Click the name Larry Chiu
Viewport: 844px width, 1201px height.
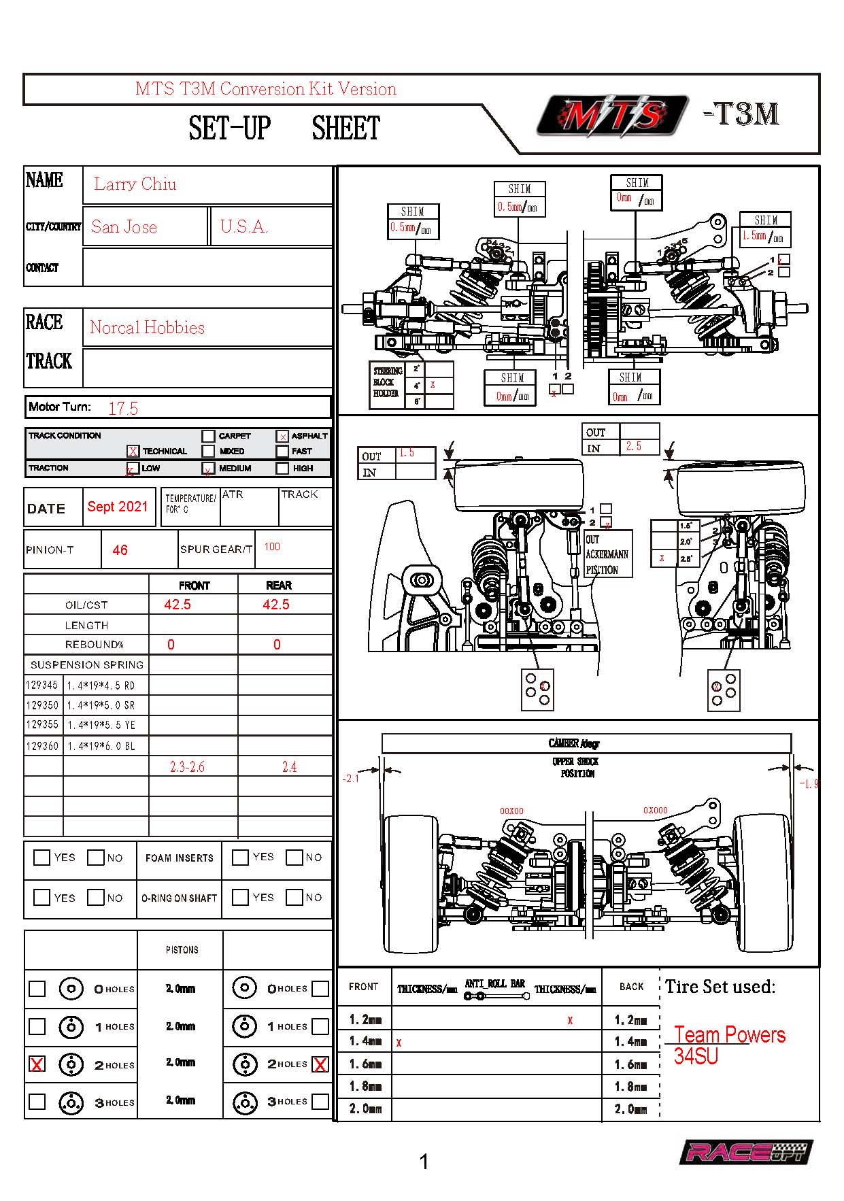(x=135, y=184)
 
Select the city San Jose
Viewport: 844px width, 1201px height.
(x=124, y=227)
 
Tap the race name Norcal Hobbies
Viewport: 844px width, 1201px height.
(x=147, y=328)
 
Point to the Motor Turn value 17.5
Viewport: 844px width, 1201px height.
(x=123, y=408)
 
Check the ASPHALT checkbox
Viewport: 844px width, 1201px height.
(x=283, y=436)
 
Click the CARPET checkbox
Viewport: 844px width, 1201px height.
(x=208, y=436)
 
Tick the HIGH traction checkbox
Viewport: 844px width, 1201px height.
(x=283, y=469)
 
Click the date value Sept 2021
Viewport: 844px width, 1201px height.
(x=118, y=507)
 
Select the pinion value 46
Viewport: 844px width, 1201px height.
(x=120, y=550)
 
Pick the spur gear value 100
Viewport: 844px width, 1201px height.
(x=272, y=547)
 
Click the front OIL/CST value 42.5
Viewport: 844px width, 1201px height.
(x=178, y=605)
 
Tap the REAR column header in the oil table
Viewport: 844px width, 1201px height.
(x=279, y=586)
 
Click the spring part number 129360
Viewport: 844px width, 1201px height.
(x=42, y=746)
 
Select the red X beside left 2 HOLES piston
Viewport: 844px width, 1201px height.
(x=37, y=1064)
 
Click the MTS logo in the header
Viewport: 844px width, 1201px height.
(x=611, y=116)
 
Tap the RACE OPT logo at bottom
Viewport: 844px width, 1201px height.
(x=745, y=1152)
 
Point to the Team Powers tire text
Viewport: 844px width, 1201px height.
(x=729, y=1035)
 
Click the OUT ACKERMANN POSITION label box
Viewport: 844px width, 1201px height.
(x=607, y=554)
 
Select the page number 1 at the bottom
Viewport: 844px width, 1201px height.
(x=424, y=1162)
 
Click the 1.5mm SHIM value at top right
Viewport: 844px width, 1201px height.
(x=754, y=236)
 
